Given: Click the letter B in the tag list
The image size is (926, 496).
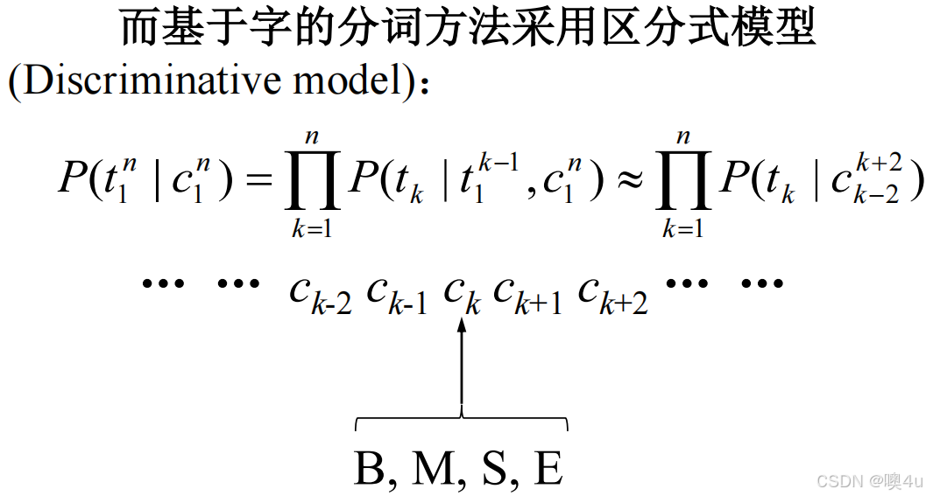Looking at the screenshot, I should [369, 469].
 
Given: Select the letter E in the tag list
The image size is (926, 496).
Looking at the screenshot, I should [548, 469].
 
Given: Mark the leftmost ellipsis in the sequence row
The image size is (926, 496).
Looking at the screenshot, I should [162, 283].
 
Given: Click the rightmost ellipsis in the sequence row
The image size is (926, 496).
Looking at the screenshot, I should [761, 283].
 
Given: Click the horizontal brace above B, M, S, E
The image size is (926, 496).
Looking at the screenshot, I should [462, 423].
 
